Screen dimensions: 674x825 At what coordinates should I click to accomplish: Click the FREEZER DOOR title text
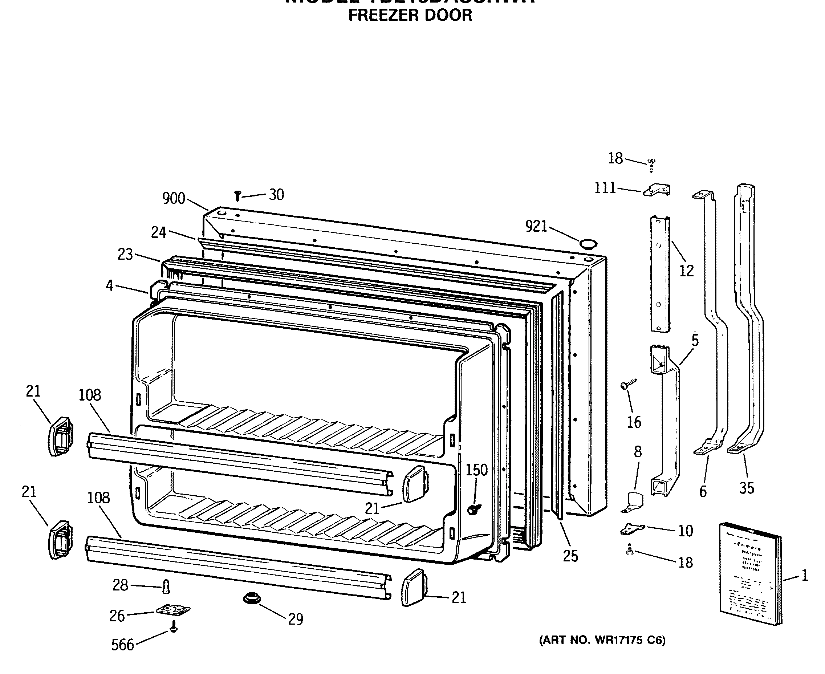point(410,15)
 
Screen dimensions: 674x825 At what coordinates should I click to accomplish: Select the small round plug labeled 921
point(588,244)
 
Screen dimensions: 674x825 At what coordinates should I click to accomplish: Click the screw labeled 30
point(237,196)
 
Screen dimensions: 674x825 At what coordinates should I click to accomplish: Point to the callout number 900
point(174,198)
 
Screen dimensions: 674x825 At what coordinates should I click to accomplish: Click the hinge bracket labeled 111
point(657,190)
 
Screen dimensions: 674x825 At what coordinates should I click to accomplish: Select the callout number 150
point(476,470)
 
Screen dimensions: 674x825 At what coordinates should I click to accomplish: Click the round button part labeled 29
point(252,598)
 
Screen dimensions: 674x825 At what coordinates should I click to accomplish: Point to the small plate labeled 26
point(173,610)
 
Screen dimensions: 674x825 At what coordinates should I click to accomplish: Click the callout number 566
point(122,645)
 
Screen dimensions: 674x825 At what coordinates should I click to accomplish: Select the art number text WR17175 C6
point(602,640)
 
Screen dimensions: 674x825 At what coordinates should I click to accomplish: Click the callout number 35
point(746,488)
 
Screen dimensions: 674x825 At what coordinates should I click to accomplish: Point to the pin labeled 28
point(166,586)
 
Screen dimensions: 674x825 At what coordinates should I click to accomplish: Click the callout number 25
point(570,556)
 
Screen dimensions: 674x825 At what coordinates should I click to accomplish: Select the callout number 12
point(686,271)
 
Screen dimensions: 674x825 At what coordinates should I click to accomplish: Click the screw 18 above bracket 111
point(652,165)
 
